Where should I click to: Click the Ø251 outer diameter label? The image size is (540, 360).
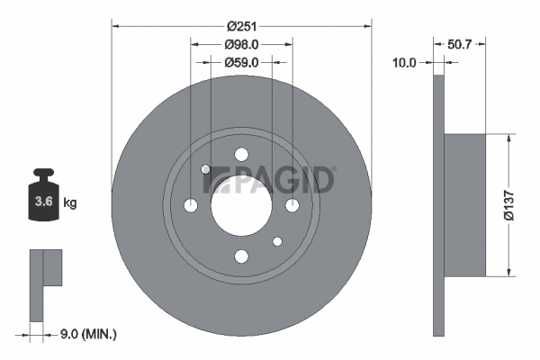(x=242, y=26)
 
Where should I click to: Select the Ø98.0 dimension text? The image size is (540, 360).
(x=241, y=44)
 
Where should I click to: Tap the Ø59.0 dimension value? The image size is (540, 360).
(x=241, y=63)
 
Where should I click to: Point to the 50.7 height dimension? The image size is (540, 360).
(x=459, y=44)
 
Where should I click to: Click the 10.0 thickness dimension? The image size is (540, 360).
(x=404, y=63)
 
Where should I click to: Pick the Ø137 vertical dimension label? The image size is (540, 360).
(x=508, y=205)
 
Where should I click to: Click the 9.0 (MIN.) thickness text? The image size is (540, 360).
(x=88, y=334)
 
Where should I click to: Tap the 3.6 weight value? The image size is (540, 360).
(x=43, y=202)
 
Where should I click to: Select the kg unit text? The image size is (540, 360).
(x=70, y=202)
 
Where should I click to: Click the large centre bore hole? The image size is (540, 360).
(x=241, y=206)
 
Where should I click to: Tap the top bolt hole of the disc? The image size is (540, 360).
(x=241, y=155)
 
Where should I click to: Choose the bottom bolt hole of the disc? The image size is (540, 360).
(x=241, y=256)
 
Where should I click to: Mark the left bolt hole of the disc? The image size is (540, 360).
(x=191, y=206)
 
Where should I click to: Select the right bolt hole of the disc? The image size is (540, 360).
(x=292, y=206)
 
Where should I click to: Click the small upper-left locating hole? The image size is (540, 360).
(x=205, y=169)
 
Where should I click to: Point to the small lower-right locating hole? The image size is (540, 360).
(x=277, y=242)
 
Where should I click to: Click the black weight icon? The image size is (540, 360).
(x=43, y=194)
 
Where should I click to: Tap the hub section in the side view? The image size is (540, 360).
(x=465, y=205)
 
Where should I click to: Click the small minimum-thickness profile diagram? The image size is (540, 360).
(x=46, y=285)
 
